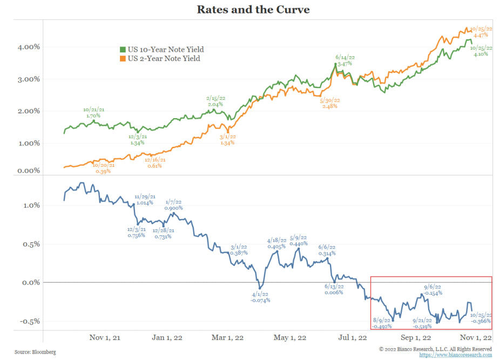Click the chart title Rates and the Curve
(x=249, y=10)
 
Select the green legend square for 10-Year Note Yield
(x=123, y=50)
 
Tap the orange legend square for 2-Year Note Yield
(x=123, y=58)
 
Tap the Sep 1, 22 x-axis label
(x=415, y=337)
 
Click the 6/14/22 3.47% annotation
(x=344, y=60)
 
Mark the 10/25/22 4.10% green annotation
(x=480, y=50)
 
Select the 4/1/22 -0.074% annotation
(x=260, y=297)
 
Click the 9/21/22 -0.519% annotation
(x=422, y=323)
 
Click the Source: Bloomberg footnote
(x=35, y=352)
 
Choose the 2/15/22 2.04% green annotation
(x=214, y=101)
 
